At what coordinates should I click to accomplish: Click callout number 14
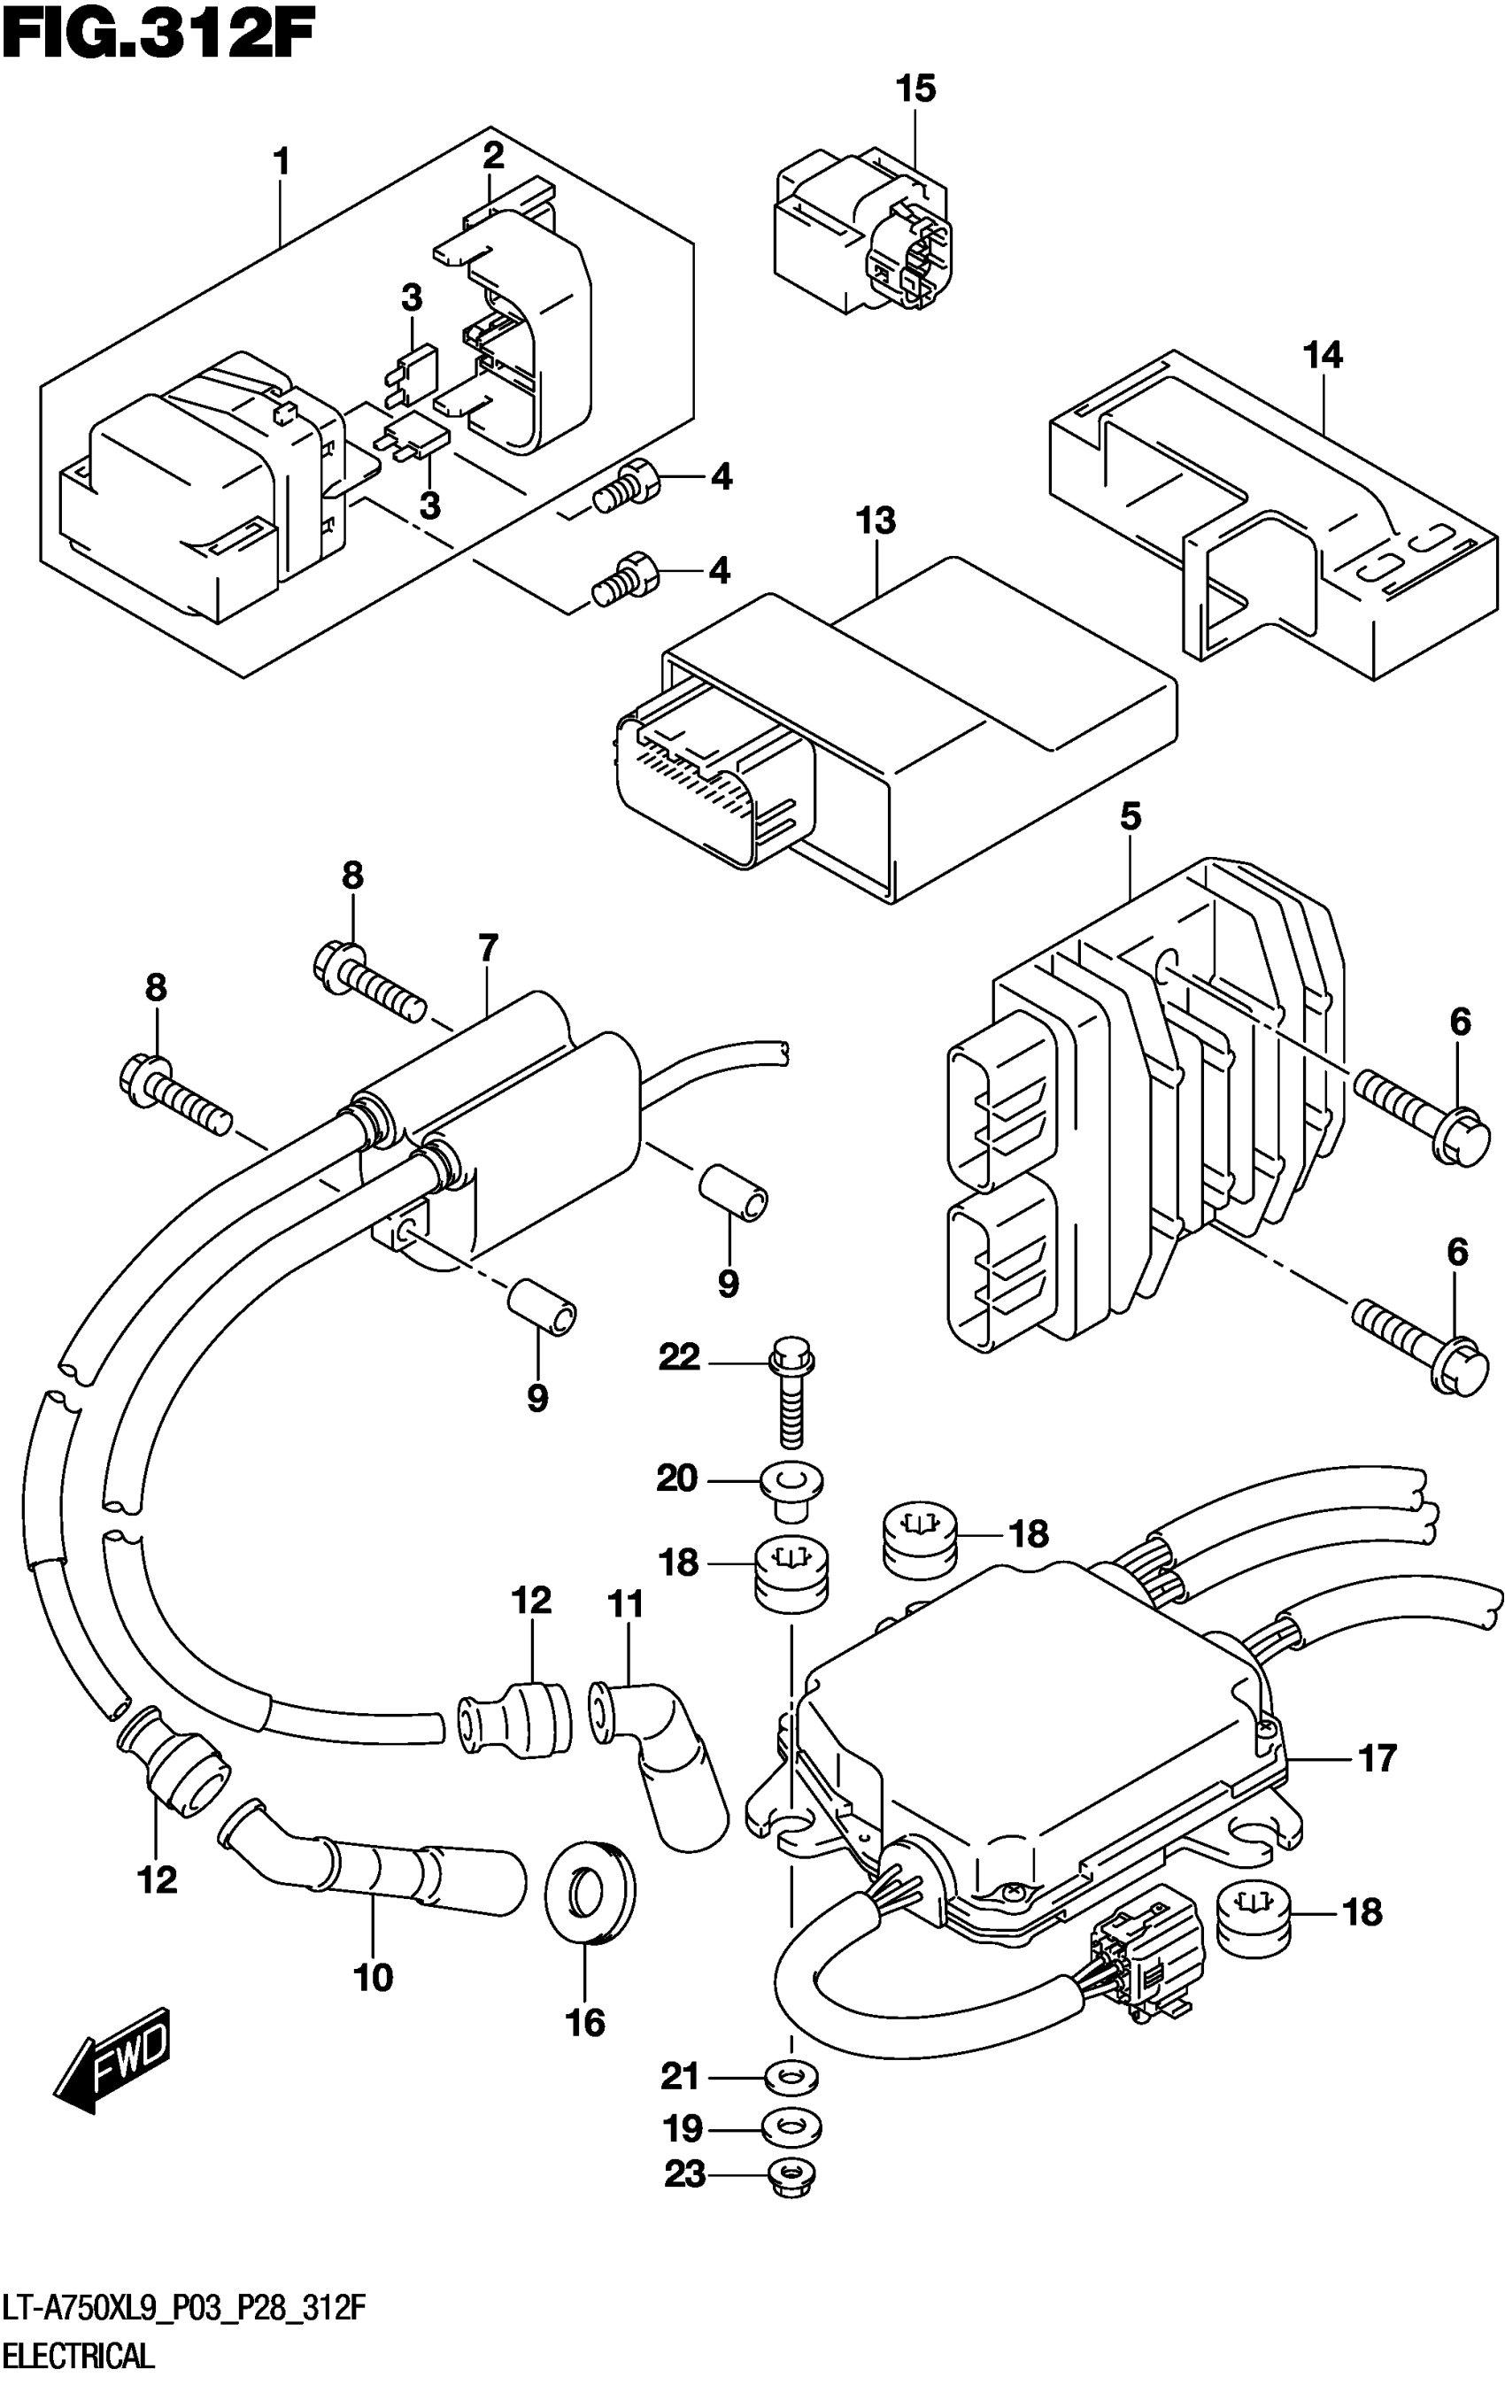(x=1323, y=356)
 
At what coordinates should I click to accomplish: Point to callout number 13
(x=876, y=521)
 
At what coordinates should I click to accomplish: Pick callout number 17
(x=1378, y=1758)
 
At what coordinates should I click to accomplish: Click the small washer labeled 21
(x=792, y=2077)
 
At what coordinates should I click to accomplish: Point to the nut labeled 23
(x=792, y=2175)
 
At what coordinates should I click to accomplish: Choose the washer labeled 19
(x=792, y=2126)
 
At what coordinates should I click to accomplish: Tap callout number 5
(x=1130, y=817)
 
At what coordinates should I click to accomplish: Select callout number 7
(x=487, y=948)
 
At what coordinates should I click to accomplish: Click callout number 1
(x=282, y=160)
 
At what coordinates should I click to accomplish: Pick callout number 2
(x=493, y=155)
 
